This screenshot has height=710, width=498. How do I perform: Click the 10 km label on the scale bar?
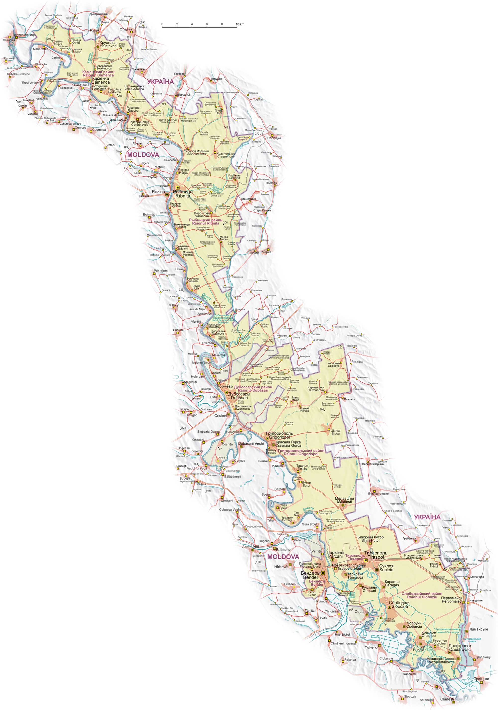click(x=240, y=24)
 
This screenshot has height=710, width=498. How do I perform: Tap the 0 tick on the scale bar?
click(x=162, y=24)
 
